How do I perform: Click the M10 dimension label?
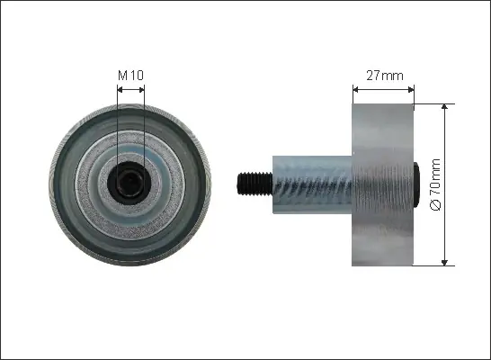point(130,76)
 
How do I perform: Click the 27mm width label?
point(385,76)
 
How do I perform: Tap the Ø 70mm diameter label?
point(435,184)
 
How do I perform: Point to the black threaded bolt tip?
point(254,184)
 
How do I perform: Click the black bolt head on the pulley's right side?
point(416,184)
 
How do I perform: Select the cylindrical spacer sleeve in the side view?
point(312,184)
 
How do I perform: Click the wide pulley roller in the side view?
point(383,184)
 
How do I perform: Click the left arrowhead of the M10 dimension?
point(120,90)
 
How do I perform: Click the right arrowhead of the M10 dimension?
point(142,90)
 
